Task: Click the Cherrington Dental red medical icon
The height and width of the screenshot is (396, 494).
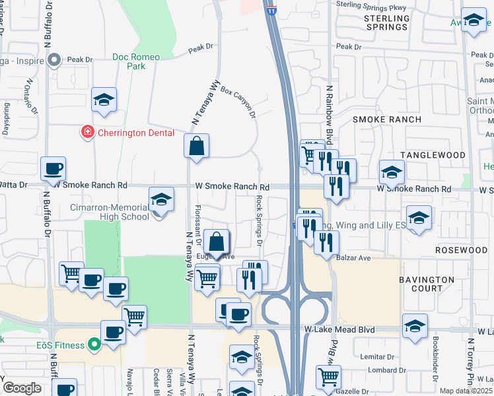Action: pos(87,133)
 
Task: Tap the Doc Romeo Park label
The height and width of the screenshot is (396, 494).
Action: pos(136,61)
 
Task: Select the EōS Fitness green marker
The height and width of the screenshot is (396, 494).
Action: pos(94,344)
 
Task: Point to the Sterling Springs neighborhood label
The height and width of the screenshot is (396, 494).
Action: pos(386,22)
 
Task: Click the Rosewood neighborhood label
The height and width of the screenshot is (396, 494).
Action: pos(461,251)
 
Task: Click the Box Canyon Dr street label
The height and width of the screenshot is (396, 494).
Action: pos(238,100)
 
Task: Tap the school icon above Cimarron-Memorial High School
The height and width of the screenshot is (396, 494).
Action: pos(161,199)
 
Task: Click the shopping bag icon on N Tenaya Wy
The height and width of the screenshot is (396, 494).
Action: pos(197,146)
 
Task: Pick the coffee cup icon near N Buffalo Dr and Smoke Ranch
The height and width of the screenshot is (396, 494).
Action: pos(53,168)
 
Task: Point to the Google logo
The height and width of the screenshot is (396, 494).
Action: pos(22,388)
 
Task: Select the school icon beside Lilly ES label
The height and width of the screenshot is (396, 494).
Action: pos(419,219)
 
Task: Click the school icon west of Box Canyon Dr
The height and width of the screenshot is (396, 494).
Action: pos(104,100)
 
